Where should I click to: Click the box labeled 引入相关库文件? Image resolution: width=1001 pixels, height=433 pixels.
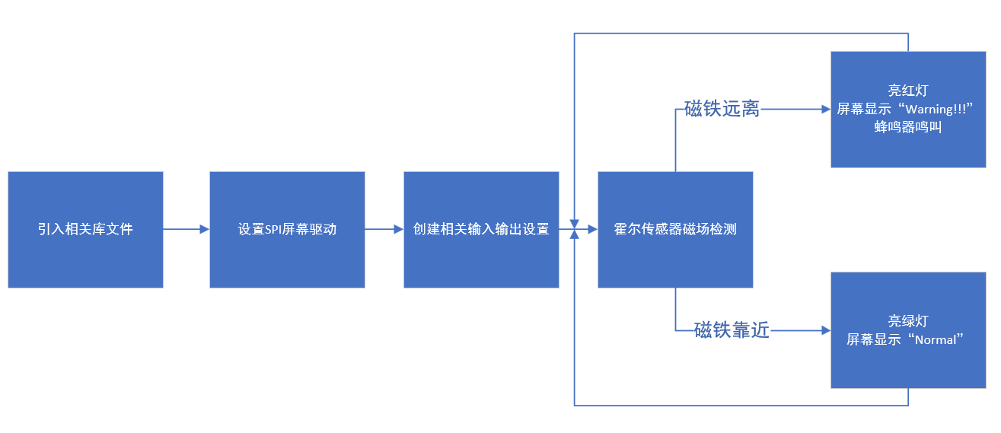coord(85,229)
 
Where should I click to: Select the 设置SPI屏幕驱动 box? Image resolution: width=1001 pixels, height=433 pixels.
coord(287,229)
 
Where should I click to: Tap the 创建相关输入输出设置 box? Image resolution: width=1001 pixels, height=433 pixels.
coord(481,229)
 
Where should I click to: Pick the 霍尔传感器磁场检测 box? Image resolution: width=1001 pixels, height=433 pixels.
coord(675,229)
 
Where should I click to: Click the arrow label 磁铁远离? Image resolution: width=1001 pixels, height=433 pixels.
coord(722,109)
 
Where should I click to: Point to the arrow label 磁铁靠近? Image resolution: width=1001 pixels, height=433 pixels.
coord(732,330)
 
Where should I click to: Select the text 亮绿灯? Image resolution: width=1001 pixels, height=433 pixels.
coord(908,321)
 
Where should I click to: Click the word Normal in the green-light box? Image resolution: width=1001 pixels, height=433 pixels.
coord(935,339)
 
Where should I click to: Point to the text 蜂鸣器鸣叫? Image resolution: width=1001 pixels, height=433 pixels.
coord(908,128)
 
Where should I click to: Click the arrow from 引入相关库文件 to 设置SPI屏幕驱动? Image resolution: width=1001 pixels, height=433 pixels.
coord(186,228)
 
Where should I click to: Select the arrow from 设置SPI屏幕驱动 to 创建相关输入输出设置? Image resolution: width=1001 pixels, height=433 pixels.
coord(384,228)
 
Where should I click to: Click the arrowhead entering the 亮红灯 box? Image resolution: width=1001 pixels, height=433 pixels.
coord(825,109)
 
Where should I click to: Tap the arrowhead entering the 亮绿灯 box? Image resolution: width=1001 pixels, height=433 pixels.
coord(825,330)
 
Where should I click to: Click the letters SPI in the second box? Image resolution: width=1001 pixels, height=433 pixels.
coord(272,229)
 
